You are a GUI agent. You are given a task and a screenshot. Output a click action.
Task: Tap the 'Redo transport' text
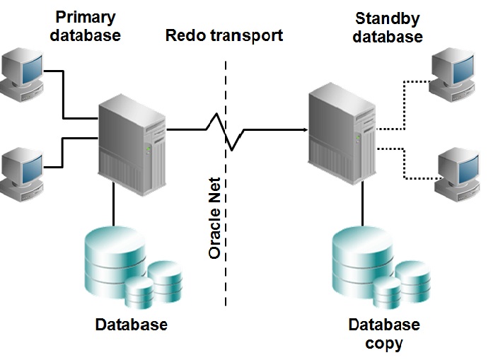pyautogui.click(x=224, y=35)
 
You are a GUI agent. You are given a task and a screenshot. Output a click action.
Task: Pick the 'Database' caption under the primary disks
pyautogui.click(x=132, y=325)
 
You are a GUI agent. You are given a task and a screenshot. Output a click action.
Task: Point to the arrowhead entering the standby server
pyautogui.click(x=303, y=129)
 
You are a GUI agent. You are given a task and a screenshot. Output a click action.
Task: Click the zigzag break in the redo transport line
pyautogui.click(x=225, y=131)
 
